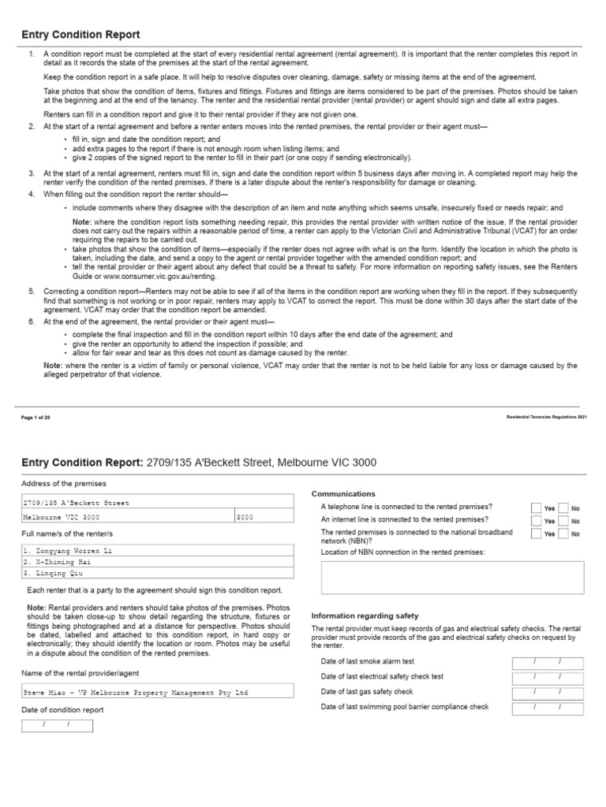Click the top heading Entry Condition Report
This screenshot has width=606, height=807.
coord(80,35)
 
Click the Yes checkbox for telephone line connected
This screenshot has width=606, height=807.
coord(537,508)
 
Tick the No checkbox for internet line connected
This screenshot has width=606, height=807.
coord(563,521)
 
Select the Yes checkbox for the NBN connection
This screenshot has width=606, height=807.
coord(537,534)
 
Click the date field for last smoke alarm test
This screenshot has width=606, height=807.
coord(547,662)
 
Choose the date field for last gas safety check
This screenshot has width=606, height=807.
coord(547,692)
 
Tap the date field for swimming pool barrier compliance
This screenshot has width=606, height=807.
coord(547,707)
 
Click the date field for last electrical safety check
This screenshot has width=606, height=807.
coord(547,677)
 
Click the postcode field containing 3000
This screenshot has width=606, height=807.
coord(264,517)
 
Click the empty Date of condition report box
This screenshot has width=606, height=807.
coord(57,725)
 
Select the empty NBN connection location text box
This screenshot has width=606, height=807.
coord(453,578)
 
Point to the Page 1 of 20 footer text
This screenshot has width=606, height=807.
coord(36,416)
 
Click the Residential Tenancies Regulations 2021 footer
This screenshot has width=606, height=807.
coord(546,416)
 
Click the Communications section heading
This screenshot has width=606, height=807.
coord(344,493)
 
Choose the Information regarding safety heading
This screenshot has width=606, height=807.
coord(365,615)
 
